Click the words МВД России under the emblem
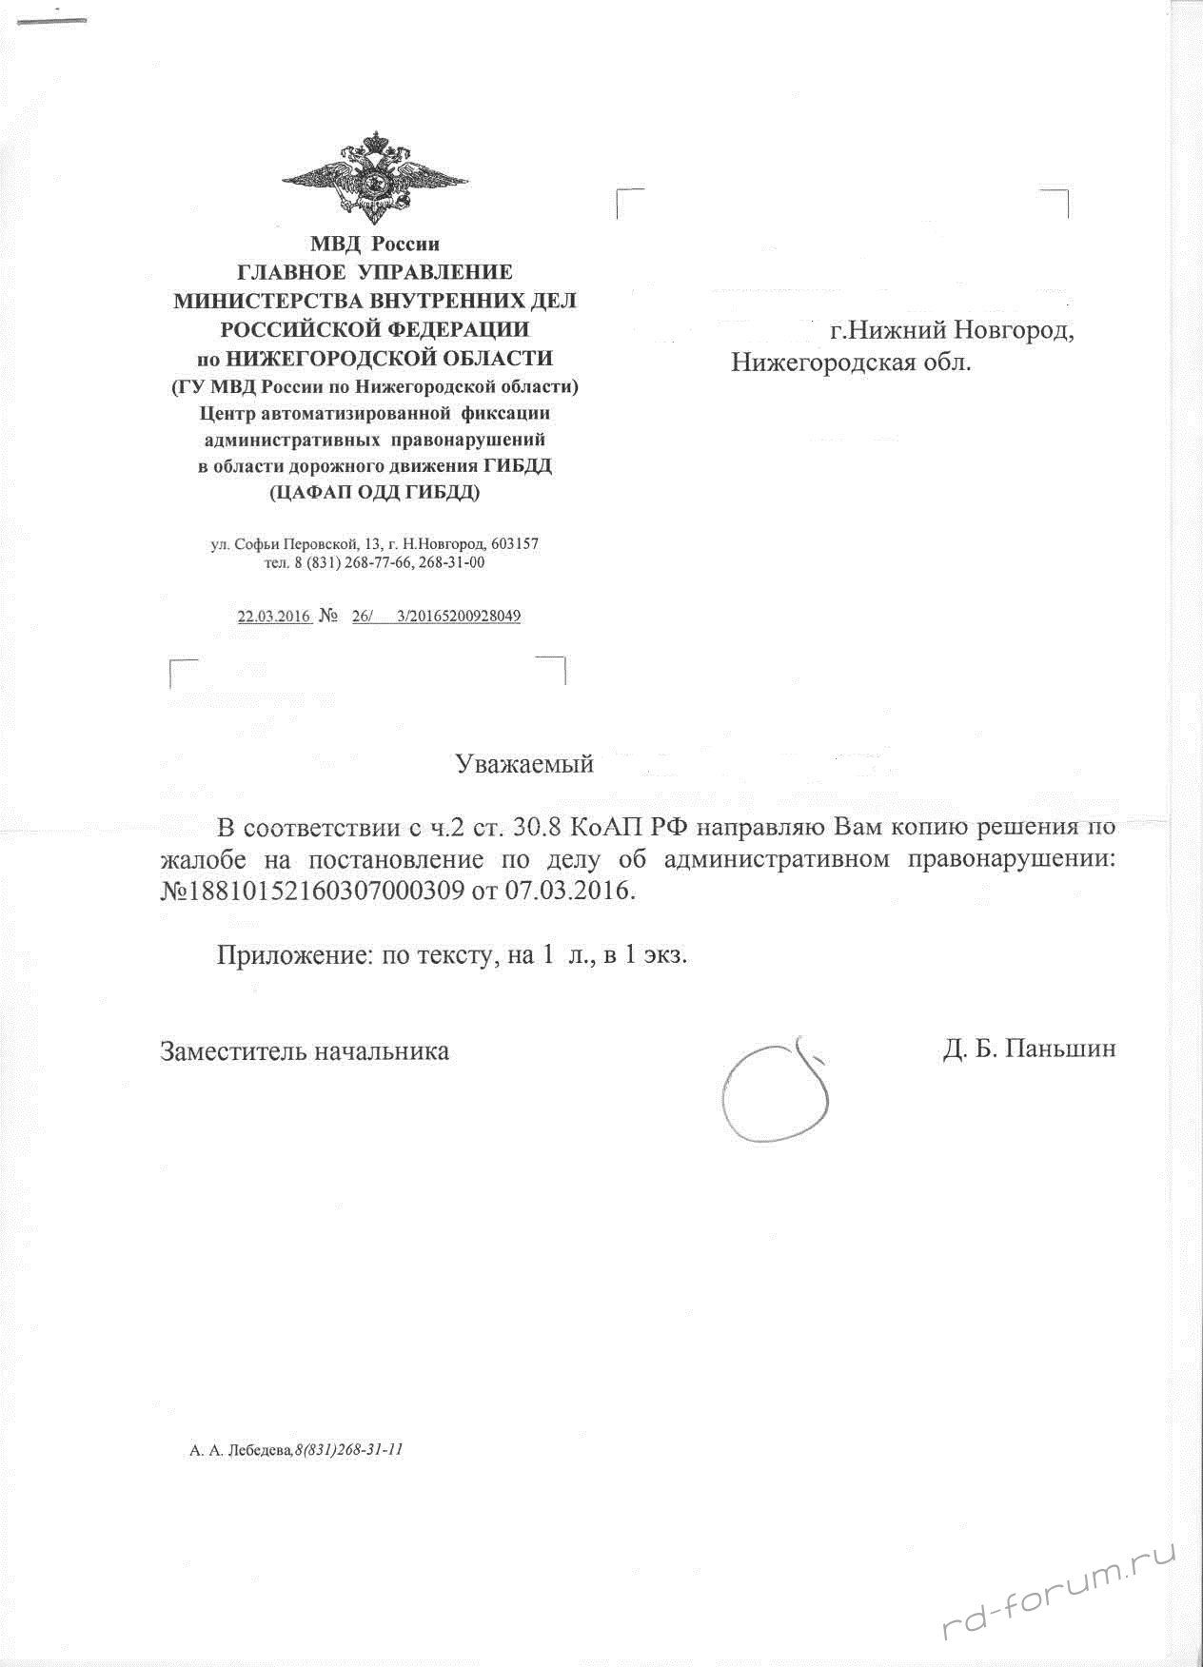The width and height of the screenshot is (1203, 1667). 374,244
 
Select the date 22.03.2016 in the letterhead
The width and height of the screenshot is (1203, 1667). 274,616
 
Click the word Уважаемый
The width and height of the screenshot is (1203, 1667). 523,764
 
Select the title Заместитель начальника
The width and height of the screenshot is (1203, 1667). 305,1050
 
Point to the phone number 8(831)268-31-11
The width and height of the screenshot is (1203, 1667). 350,1450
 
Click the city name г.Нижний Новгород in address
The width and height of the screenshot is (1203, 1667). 952,331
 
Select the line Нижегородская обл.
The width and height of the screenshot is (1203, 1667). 851,363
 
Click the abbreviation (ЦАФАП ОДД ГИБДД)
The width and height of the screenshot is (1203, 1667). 374,493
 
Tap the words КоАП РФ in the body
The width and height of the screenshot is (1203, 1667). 622,825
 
